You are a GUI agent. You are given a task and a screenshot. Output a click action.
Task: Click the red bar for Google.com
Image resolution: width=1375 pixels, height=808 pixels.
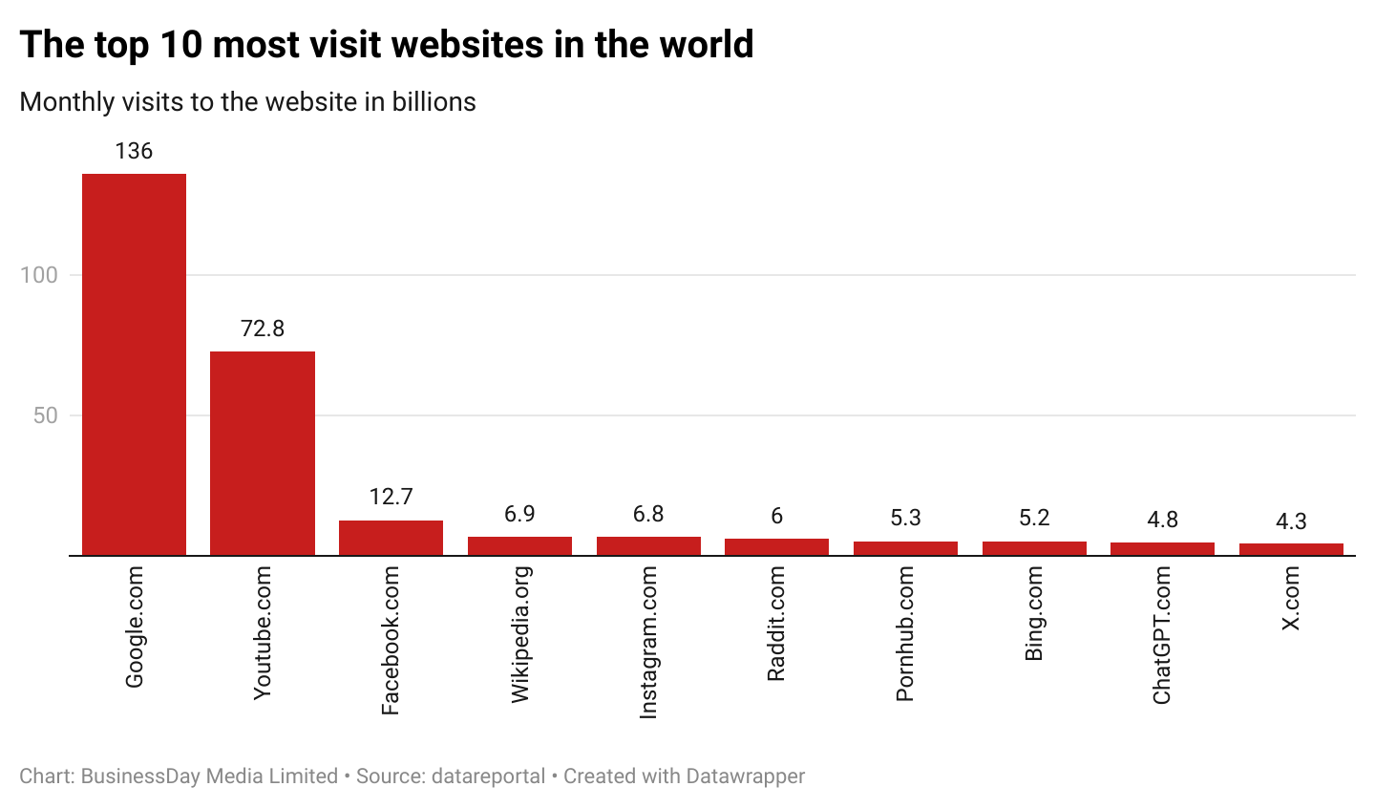click(134, 363)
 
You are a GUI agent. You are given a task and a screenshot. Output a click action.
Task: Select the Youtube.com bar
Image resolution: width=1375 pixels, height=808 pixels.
click(263, 453)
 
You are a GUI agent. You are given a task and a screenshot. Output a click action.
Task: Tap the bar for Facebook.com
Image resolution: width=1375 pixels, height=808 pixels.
click(391, 538)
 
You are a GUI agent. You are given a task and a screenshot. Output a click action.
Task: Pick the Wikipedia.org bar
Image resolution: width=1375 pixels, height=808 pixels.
click(519, 545)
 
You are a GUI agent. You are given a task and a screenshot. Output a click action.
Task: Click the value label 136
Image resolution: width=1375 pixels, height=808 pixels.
click(134, 151)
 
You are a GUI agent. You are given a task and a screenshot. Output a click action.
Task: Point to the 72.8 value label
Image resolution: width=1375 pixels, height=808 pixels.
click(263, 329)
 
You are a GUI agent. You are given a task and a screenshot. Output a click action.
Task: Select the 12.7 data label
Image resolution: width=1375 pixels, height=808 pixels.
click(391, 497)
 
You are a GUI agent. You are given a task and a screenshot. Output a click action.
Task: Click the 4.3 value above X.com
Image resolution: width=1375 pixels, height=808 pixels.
click(1291, 521)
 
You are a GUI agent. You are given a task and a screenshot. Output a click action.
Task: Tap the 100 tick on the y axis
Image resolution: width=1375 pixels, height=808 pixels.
click(39, 275)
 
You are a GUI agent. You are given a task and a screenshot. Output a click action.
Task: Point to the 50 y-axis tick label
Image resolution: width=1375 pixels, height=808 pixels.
click(45, 415)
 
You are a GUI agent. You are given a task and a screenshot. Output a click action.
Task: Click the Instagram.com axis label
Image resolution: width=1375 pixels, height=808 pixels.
click(648, 642)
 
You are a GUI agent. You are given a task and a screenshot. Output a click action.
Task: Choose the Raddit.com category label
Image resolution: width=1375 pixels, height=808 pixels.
click(776, 623)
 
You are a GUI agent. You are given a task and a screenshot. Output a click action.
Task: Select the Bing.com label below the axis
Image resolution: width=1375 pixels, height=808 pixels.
click(1034, 613)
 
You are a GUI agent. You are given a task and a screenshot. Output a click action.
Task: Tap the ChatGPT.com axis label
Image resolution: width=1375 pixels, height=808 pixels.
click(1162, 635)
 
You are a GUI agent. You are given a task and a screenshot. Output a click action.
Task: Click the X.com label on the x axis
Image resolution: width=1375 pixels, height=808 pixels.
click(1291, 598)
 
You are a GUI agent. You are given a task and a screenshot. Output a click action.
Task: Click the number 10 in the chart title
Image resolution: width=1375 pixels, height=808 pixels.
click(180, 45)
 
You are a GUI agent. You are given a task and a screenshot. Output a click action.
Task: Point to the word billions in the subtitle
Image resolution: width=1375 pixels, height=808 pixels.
click(434, 102)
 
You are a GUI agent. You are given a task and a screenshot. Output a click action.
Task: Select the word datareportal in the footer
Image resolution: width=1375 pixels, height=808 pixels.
click(488, 776)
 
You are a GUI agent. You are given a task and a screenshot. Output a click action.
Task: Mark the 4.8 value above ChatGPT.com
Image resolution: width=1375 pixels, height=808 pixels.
click(1162, 520)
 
